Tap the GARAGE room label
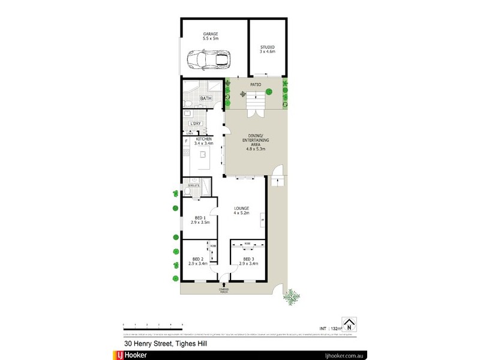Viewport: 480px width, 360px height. click(211, 35)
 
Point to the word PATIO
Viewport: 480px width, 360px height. click(256, 85)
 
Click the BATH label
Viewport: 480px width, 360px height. click(206, 98)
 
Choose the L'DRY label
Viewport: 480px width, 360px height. click(195, 124)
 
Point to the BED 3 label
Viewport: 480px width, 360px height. click(248, 260)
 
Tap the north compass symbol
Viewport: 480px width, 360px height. click(348, 324)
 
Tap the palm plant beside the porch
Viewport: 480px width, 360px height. click(292, 296)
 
